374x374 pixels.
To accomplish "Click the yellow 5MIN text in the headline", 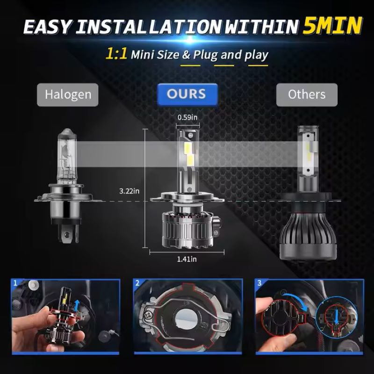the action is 332,25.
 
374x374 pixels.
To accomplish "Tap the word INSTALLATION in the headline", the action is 148,27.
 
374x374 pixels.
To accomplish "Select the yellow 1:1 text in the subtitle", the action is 116,53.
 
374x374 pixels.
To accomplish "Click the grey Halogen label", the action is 68,95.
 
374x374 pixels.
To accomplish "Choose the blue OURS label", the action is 187,94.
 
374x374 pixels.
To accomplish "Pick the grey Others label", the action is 307,95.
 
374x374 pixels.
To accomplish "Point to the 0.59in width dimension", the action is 187,117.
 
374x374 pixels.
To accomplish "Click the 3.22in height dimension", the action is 129,191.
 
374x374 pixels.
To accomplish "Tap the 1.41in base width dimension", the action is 187,259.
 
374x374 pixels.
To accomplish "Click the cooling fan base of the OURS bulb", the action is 188,229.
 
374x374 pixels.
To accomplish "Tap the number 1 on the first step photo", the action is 15,283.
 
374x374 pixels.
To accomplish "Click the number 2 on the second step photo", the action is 137,283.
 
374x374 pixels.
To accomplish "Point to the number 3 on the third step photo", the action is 259,283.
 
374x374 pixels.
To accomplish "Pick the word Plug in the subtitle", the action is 206,55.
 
